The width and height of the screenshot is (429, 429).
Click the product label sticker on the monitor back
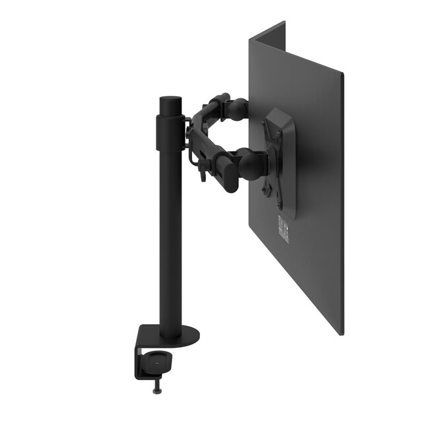point(283,228)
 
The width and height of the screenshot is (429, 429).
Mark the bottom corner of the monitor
point(341,333)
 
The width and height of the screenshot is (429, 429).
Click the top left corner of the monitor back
point(251,41)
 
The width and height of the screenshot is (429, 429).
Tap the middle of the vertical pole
point(170,231)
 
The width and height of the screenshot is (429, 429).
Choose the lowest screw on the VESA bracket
point(267,191)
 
